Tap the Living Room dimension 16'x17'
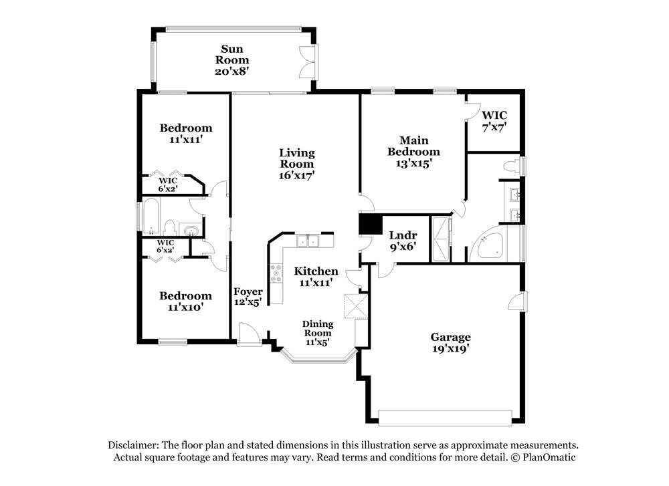pyautogui.click(x=296, y=175)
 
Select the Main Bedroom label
pyautogui.click(x=414, y=146)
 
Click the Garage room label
pyautogui.click(x=450, y=337)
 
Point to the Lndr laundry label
pyautogui.click(x=403, y=235)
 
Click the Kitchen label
pyautogui.click(x=316, y=271)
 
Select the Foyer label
pyautogui.click(x=248, y=292)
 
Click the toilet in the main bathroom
pyautogui.click(x=511, y=166)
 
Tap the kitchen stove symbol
pyautogui.click(x=277, y=273)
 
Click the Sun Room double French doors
pyautogui.click(x=308, y=60)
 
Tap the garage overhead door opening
pyautogui.click(x=448, y=417)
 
